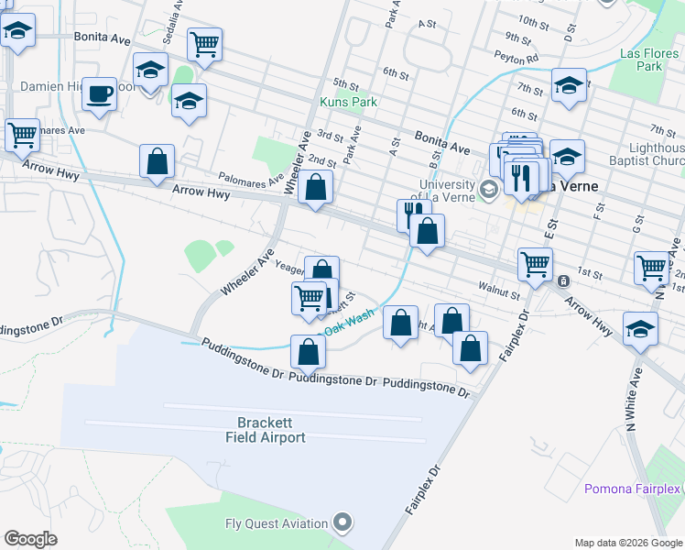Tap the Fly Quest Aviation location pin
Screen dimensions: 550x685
tap(342, 523)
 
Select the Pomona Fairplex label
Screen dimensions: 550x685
tap(634, 489)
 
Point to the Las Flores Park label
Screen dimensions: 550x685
tap(640, 60)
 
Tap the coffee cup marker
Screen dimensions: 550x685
tap(99, 93)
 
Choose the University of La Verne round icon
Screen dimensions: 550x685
tap(489, 190)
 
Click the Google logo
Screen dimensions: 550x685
tap(30, 539)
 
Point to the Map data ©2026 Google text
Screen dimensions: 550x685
tap(627, 543)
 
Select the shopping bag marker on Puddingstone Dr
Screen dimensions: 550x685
tap(309, 351)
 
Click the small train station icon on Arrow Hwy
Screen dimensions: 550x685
tap(563, 280)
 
